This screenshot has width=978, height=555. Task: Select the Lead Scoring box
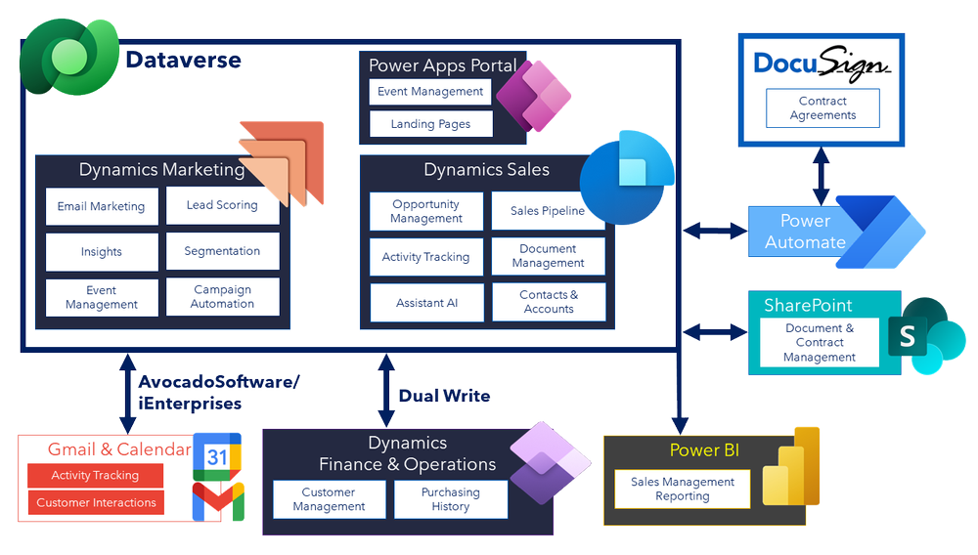click(222, 205)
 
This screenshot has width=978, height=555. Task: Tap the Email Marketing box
click(102, 206)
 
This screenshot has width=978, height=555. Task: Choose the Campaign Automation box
click(222, 297)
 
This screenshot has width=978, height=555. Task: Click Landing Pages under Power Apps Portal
click(430, 124)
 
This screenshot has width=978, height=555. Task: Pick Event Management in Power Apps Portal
click(430, 92)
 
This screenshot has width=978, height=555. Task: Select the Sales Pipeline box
click(547, 211)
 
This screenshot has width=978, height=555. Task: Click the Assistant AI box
click(426, 303)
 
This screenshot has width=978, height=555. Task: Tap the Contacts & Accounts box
click(548, 302)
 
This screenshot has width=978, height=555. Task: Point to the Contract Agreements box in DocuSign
click(822, 108)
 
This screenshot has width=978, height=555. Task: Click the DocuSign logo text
click(822, 64)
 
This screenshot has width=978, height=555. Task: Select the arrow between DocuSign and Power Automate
click(822, 177)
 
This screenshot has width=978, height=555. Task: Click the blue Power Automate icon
click(879, 232)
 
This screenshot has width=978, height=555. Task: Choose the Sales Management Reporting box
click(682, 489)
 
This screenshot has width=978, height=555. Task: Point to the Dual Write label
click(444, 396)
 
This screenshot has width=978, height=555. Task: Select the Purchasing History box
click(451, 499)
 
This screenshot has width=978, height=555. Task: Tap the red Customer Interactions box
click(96, 502)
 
